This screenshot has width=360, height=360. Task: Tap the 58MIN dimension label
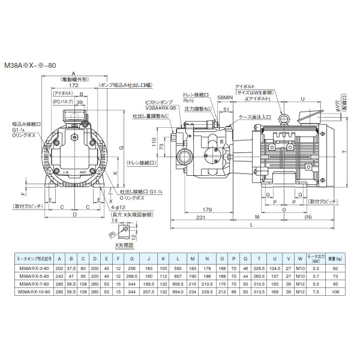click(226, 97)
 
